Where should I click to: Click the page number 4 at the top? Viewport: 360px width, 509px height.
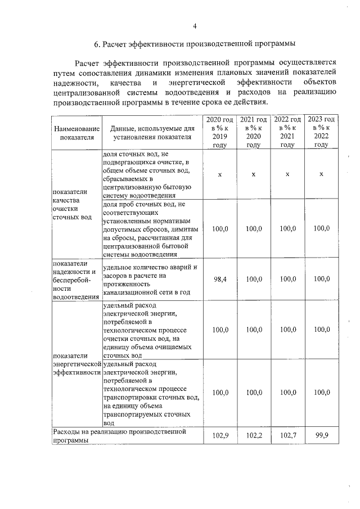195,26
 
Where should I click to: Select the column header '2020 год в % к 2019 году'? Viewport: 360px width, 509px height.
220,132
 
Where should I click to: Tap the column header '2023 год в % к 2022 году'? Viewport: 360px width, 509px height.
321,132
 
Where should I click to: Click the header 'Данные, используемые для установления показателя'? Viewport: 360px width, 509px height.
152,133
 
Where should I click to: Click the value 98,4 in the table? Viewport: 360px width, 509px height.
220,279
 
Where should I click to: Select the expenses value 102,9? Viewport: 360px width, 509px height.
220,436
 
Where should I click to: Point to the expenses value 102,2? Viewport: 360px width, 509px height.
254,436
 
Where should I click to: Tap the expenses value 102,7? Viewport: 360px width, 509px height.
287,436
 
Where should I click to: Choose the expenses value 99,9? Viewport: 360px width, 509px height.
321,436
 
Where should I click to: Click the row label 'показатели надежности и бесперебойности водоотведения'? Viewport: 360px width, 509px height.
75,280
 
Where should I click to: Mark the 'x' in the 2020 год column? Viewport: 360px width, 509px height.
220,175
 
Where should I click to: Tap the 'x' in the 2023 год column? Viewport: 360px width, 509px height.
321,175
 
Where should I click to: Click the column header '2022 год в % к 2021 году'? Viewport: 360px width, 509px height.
287,132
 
